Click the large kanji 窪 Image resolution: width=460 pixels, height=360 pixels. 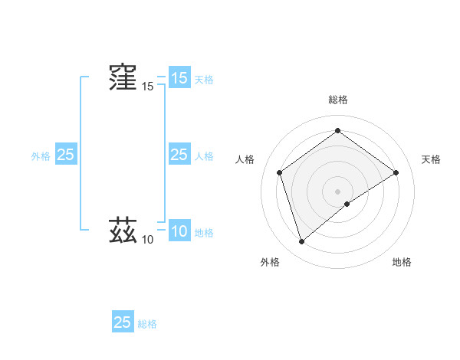tap(123, 77)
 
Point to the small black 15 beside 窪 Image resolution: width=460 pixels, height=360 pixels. tap(147, 87)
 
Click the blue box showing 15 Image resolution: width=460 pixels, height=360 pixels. tap(179, 78)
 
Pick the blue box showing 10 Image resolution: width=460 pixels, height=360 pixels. tap(179, 232)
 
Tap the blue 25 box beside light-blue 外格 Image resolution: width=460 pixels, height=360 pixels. tap(65, 155)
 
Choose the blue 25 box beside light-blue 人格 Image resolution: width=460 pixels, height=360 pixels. tap(179, 155)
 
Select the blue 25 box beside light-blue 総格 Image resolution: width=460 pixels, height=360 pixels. tap(123, 322)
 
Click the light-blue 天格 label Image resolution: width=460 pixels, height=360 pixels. tap(204, 79)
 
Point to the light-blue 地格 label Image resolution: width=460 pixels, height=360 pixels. tap(204, 233)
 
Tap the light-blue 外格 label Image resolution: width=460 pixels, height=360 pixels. tap(41, 155)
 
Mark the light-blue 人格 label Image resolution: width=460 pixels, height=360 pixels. tap(204, 155)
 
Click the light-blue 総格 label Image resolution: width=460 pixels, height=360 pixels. tap(147, 323)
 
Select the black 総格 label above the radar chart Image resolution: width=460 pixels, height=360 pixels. tap(337, 100)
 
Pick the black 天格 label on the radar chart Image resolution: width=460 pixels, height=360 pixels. tap(431, 159)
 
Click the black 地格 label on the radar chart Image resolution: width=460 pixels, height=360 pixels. tap(402, 262)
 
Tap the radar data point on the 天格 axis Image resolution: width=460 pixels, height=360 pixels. tap(396, 172)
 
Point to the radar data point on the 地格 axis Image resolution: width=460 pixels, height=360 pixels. tap(347, 204)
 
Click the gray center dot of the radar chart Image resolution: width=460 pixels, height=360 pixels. tap(337, 191)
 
